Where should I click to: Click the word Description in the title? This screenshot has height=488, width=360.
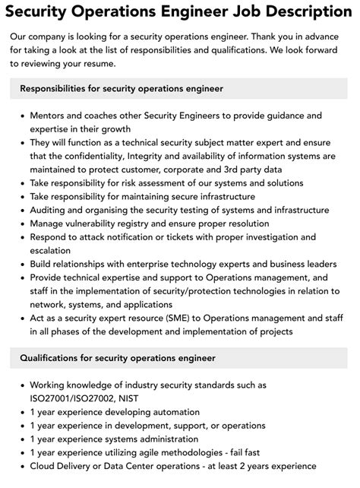pos(302,12)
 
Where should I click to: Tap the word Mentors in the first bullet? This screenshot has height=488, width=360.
pos(50,116)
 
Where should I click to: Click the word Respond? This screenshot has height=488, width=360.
pos(52,237)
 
